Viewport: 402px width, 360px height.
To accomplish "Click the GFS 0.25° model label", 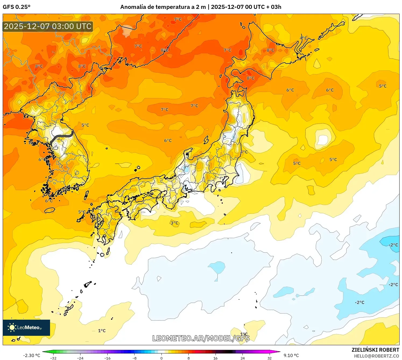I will pyautogui.click(x=16, y=7).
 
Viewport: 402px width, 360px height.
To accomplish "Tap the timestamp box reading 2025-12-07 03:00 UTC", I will pyautogui.click(x=48, y=26).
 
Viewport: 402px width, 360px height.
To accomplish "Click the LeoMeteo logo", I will pyautogui.click(x=26, y=327).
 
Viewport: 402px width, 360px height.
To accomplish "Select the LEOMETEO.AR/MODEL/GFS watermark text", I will pyautogui.click(x=201, y=338).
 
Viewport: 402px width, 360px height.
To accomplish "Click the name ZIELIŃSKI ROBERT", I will pyautogui.click(x=375, y=350).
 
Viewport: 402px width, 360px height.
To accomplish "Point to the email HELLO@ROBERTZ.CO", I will pyautogui.click(x=376, y=356).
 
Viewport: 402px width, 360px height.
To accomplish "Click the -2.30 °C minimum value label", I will pyautogui.click(x=31, y=355).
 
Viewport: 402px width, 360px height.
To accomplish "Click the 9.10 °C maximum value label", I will pyautogui.click(x=291, y=355).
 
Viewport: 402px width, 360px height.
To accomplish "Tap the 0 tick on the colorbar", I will pyautogui.click(x=161, y=358).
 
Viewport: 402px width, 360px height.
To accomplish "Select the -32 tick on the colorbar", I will pyautogui.click(x=53, y=358).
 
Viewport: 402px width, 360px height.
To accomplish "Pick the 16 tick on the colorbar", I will pyautogui.click(x=215, y=358).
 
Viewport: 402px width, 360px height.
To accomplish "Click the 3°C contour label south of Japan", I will pyautogui.click(x=174, y=223).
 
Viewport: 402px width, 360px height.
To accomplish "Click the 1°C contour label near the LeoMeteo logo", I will pyautogui.click(x=102, y=331).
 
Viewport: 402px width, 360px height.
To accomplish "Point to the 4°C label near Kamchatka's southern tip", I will pyautogui.click(x=304, y=38).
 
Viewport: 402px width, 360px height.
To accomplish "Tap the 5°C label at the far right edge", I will pyautogui.click(x=383, y=86).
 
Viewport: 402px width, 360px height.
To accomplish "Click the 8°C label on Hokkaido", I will pyautogui.click(x=251, y=78).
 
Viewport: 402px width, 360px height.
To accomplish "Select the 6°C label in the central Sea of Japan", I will pyautogui.click(x=168, y=140).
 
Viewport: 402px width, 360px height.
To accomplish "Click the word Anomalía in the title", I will pyautogui.click(x=133, y=7).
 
